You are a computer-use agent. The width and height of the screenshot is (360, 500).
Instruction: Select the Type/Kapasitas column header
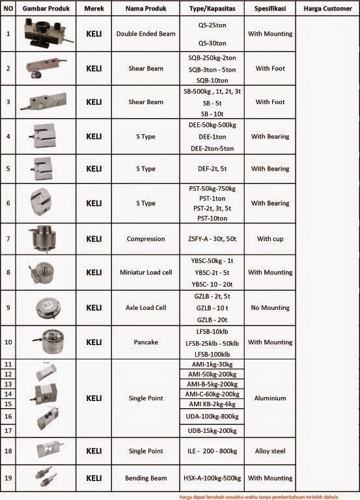tap(212, 8)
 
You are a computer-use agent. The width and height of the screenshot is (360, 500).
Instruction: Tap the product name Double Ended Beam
tap(146, 33)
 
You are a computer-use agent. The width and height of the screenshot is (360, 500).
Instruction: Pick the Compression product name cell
tap(146, 239)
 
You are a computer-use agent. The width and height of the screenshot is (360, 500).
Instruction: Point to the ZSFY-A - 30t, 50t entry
tap(212, 239)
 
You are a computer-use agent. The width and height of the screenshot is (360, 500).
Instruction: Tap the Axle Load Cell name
tap(146, 307)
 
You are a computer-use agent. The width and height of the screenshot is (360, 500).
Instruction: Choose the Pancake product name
tap(146, 342)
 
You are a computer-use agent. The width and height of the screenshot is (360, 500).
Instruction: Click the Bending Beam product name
tap(146, 478)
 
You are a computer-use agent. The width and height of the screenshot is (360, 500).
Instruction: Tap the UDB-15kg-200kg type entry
tap(212, 431)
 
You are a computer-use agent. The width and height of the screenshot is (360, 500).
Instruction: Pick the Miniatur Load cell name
tap(146, 272)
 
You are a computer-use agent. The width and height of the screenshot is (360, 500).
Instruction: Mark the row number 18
tap(8, 451)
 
